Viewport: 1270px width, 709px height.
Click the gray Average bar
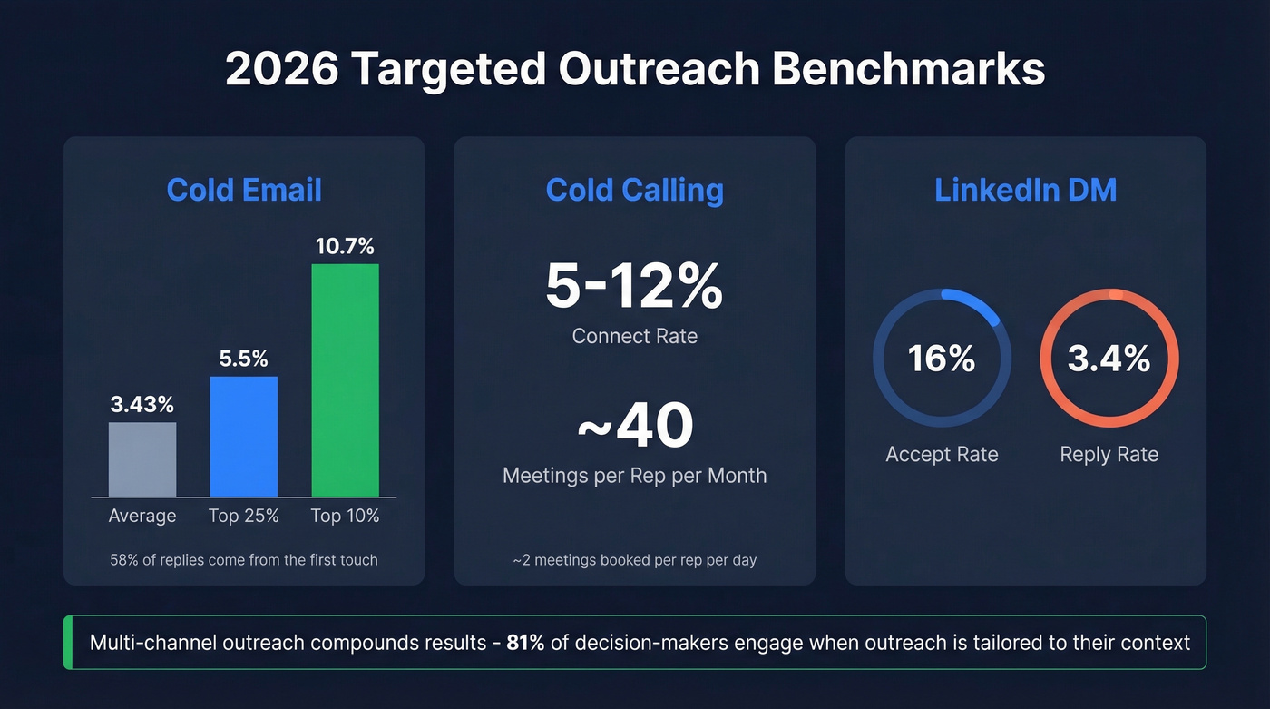tap(142, 459)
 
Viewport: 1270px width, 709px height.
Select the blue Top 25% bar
tap(244, 437)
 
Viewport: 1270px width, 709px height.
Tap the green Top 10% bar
tap(345, 380)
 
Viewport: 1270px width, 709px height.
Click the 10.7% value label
tap(345, 247)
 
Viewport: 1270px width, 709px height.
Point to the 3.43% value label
tap(142, 405)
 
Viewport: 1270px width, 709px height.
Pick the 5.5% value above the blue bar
tap(244, 359)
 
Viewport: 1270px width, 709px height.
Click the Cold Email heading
tap(244, 190)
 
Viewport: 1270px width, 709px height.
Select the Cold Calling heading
tap(634, 190)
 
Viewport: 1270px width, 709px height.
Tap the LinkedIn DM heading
tap(1025, 190)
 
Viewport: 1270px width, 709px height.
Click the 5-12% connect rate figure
tap(634, 286)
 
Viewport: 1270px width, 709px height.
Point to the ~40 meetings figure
tap(634, 426)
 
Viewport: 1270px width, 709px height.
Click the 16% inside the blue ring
tap(942, 359)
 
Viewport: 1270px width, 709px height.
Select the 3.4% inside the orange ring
tap(1109, 359)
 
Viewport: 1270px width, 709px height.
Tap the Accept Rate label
tap(942, 454)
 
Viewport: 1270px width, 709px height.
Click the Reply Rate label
tap(1109, 454)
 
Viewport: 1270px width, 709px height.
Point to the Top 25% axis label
tap(244, 516)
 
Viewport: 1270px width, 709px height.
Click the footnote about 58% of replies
tap(244, 559)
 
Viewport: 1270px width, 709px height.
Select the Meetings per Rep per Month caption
tap(634, 475)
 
